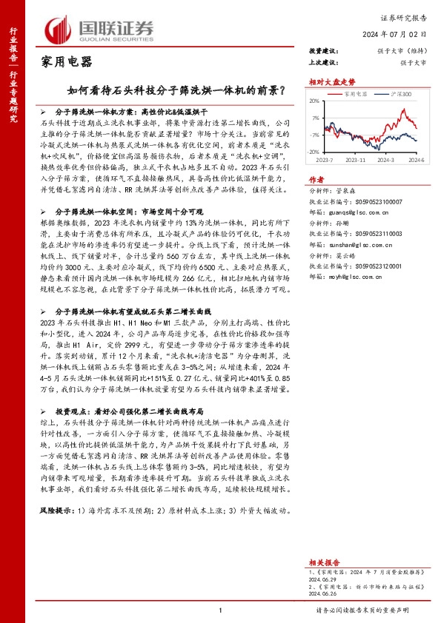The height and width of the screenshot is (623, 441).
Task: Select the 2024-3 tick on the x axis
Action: tap(385, 158)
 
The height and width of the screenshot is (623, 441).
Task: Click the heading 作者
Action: tap(316, 179)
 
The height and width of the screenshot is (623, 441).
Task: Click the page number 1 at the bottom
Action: tap(221, 609)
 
